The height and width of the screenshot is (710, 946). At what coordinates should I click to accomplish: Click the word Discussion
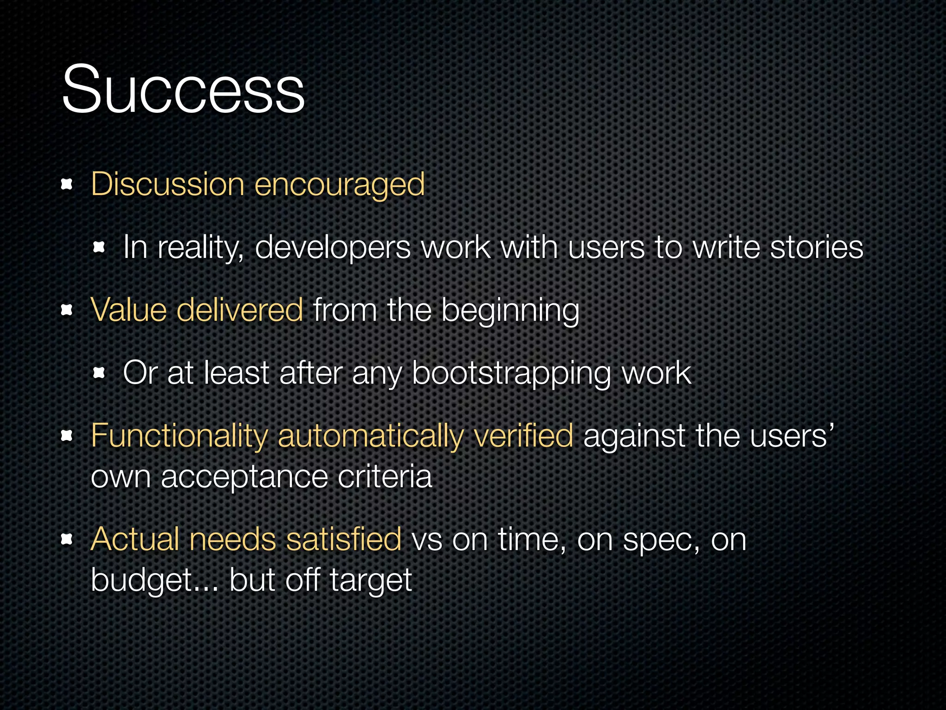(167, 184)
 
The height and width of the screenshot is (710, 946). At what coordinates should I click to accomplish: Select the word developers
(333, 248)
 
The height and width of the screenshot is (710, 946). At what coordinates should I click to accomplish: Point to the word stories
(817, 247)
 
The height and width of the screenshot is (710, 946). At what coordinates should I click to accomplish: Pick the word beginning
(510, 311)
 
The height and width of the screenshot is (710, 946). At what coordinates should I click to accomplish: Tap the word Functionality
(179, 436)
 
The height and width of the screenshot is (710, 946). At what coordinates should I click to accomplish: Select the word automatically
(370, 436)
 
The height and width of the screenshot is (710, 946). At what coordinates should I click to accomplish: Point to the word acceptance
(244, 477)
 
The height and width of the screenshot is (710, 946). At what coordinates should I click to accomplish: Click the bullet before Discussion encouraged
(67, 185)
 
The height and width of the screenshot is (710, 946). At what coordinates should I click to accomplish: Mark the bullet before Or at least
(99, 373)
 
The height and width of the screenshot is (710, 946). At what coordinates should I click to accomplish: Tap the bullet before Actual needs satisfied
(67, 539)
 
